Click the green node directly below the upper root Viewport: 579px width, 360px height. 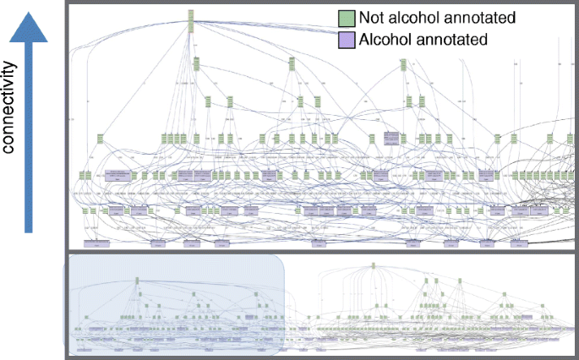pos(195,63)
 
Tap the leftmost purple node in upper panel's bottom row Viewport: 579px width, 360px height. pos(98,243)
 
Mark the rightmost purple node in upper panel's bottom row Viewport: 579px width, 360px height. pos(516,243)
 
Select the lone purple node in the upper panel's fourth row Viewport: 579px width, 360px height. pos(391,138)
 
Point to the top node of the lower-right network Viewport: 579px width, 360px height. pos(373,266)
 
